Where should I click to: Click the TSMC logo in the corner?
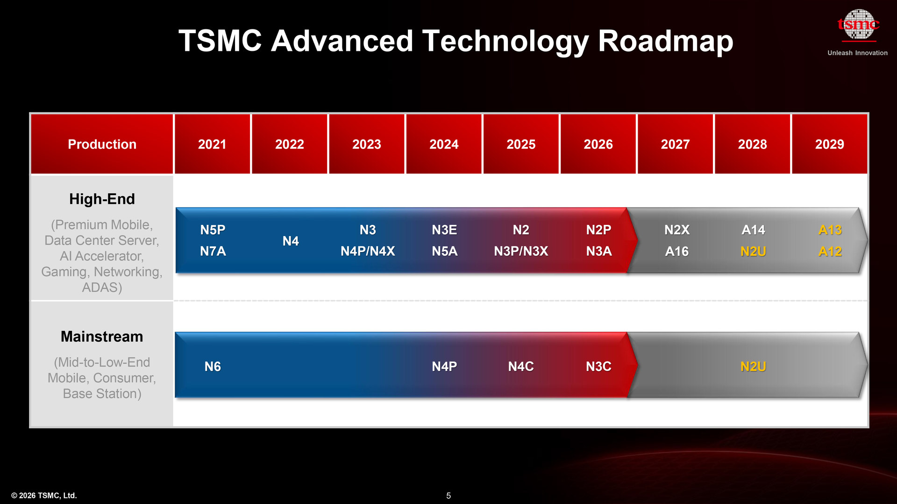coord(858,24)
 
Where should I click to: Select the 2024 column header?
coord(443,144)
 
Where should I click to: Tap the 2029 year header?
coord(829,144)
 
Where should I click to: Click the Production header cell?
coord(102,144)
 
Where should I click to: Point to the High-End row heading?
coord(102,199)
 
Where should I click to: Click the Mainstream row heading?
coord(102,336)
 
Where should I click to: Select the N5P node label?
coord(213,230)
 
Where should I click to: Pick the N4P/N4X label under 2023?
coord(368,252)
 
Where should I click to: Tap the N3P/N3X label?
coord(521,252)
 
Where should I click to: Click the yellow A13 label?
coord(830,230)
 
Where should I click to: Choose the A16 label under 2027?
coord(676,252)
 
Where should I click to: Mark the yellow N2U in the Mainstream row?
coord(753,367)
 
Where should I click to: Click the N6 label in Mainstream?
coord(213,367)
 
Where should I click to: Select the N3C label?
coord(598,367)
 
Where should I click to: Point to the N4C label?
coord(521,367)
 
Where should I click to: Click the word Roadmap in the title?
coord(665,41)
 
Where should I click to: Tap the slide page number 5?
coord(448,496)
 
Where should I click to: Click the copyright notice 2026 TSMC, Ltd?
coord(44,496)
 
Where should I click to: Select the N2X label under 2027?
coord(676,230)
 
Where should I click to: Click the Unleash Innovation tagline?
coord(857,53)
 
